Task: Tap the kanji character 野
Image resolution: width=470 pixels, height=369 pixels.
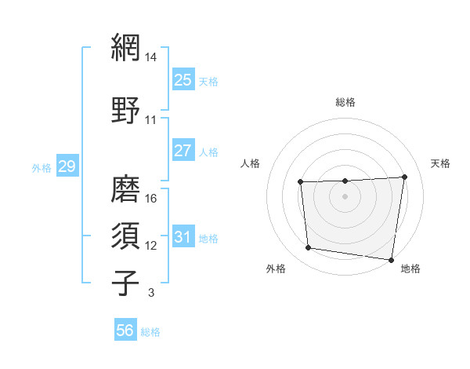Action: tap(126, 109)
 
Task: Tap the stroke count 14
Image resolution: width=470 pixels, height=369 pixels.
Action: tap(151, 57)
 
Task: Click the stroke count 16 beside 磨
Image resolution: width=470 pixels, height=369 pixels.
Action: tap(151, 198)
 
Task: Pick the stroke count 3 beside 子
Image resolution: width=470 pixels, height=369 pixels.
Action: tap(150, 293)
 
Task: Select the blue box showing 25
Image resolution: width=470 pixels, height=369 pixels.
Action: tap(183, 79)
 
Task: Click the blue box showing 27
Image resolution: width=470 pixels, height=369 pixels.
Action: tap(183, 150)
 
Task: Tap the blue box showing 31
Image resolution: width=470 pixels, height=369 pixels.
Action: tap(183, 237)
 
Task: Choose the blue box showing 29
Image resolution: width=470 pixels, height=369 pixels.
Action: tap(67, 166)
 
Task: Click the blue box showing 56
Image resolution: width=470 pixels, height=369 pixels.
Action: tap(125, 331)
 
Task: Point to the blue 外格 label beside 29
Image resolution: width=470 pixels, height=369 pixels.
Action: tap(42, 167)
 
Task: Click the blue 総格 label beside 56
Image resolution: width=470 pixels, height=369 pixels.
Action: tap(150, 332)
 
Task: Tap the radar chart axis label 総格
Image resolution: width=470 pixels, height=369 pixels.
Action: tap(345, 102)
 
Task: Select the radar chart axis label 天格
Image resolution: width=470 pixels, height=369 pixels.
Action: tap(440, 163)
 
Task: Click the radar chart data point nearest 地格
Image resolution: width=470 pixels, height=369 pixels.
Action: tap(392, 260)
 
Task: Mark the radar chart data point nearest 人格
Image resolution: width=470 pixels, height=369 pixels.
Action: tap(301, 183)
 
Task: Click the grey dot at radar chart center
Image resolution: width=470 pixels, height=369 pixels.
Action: tap(345, 196)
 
